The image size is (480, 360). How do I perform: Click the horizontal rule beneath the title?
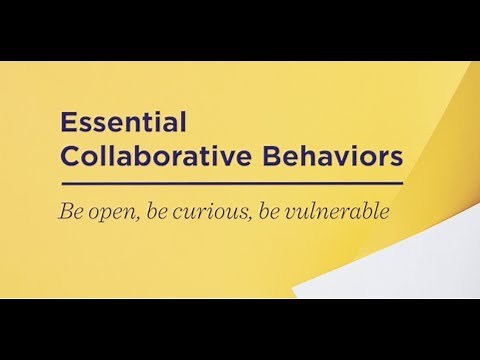[231, 184]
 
